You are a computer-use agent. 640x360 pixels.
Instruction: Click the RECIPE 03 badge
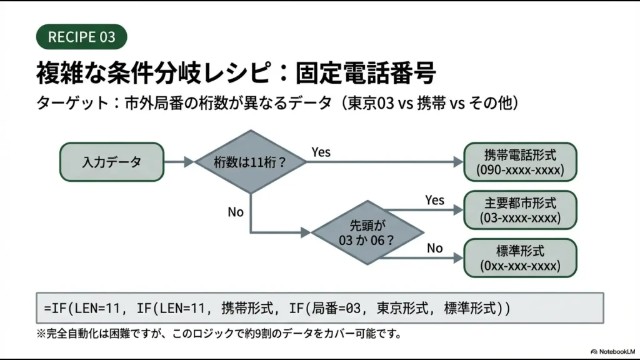click(x=82, y=36)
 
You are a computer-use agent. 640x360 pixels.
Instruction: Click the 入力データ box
click(x=112, y=162)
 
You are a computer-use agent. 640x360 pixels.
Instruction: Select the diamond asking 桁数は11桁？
click(x=251, y=162)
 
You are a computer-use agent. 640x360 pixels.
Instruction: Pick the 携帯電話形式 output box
click(x=520, y=162)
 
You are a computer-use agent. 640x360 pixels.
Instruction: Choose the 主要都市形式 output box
click(x=520, y=210)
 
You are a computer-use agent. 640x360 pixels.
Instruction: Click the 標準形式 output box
click(x=520, y=257)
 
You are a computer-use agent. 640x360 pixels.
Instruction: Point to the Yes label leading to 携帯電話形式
click(x=321, y=152)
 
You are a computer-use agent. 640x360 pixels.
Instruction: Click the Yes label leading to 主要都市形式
click(x=434, y=200)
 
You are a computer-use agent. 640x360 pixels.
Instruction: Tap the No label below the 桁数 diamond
click(x=236, y=212)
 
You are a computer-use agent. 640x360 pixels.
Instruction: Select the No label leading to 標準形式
click(x=434, y=248)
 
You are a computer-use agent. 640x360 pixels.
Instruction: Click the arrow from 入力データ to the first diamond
click(x=180, y=162)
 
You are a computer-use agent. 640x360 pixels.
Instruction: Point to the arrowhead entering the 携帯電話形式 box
click(x=457, y=162)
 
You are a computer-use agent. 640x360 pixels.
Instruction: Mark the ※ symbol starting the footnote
click(x=41, y=333)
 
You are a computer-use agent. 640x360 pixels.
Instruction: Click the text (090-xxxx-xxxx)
click(x=520, y=170)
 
